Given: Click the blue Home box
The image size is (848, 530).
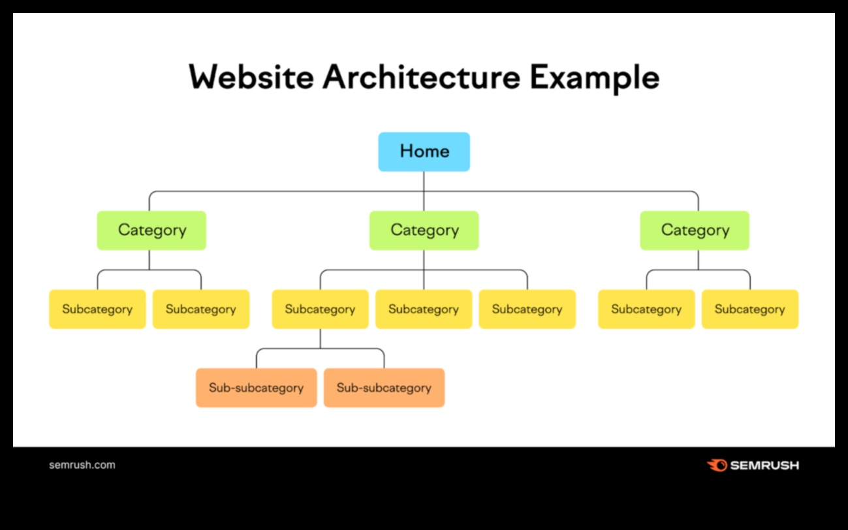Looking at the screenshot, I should (x=424, y=151).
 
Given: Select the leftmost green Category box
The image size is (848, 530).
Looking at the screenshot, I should (x=151, y=230).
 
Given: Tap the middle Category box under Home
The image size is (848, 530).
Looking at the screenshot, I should (x=424, y=230).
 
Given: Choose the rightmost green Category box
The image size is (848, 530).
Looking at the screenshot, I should (x=695, y=230).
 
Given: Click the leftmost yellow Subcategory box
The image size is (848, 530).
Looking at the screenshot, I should (x=97, y=309).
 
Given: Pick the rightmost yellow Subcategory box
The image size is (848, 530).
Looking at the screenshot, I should (x=749, y=309).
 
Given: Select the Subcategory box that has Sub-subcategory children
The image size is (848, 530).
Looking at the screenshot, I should (x=320, y=309).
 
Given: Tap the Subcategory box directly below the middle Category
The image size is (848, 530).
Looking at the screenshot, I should (x=424, y=309).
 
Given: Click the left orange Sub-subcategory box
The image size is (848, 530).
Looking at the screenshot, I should (x=256, y=388).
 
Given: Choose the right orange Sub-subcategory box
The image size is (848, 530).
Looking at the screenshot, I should (x=384, y=388).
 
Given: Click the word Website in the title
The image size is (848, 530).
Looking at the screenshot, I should (x=251, y=78).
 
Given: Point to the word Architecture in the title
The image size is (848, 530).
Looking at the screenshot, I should (x=421, y=78).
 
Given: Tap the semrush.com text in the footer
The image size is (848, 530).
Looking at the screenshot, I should (x=82, y=465).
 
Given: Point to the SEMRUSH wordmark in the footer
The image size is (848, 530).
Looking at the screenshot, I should (x=764, y=465).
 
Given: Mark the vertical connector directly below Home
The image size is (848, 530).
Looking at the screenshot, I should (x=424, y=181).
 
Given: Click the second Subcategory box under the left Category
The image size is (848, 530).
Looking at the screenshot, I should (x=201, y=309).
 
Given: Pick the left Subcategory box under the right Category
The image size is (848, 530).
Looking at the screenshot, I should (x=646, y=309).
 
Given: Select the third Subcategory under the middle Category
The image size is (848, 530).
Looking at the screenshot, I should (x=527, y=309).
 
